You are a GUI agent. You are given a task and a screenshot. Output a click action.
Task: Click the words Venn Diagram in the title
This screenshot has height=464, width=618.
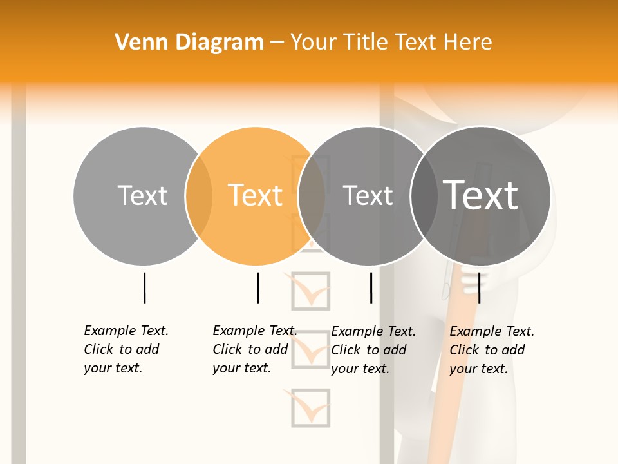(189, 43)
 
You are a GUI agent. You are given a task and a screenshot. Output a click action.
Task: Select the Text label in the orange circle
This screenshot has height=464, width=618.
(256, 195)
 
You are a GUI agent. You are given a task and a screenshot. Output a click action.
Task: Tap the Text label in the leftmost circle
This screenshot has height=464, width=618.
(142, 195)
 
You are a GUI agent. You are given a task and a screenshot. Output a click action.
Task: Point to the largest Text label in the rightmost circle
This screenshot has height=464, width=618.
(481, 195)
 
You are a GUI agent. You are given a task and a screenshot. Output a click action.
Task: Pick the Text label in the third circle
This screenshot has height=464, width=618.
(368, 195)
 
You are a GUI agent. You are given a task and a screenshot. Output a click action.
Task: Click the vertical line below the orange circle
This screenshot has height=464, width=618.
(257, 287)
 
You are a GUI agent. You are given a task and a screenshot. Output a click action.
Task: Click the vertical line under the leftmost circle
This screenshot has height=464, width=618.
(144, 287)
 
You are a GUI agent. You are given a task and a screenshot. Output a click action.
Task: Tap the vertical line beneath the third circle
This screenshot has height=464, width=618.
(371, 287)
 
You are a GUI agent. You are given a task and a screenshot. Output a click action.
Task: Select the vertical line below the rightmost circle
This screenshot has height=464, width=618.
(479, 287)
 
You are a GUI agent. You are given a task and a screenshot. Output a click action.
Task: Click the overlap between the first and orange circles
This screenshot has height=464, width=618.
(199, 196)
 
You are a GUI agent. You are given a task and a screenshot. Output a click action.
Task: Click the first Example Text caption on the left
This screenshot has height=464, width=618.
(126, 349)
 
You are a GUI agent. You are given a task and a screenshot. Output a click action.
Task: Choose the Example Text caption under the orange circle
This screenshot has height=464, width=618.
(254, 349)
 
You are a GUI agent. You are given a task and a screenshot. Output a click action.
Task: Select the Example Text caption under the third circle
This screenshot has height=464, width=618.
(373, 350)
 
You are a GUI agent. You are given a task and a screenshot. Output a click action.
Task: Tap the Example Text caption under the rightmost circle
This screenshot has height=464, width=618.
(492, 350)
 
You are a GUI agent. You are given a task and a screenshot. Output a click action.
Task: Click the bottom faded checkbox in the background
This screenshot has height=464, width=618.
(310, 407)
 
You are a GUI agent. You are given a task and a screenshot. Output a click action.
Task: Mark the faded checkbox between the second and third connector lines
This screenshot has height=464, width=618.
(311, 291)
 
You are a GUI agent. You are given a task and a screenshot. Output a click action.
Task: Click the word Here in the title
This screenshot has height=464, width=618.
(468, 43)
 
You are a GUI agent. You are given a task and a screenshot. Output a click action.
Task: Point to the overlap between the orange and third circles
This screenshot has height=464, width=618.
(312, 196)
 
